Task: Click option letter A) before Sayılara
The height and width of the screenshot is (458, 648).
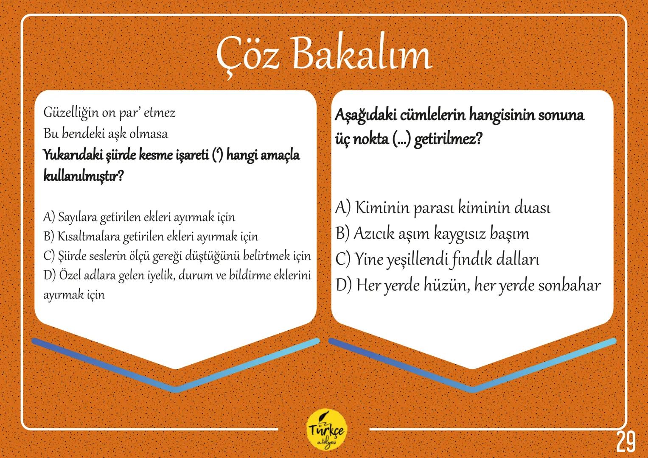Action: click(x=49, y=217)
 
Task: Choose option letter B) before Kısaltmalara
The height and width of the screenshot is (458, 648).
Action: click(x=49, y=236)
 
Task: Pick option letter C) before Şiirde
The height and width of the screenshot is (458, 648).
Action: click(x=49, y=256)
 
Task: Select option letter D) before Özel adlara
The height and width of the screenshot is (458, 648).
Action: click(x=49, y=275)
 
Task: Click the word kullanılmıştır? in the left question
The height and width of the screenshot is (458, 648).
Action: click(x=83, y=176)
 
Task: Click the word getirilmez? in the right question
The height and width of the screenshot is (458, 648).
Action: click(x=448, y=139)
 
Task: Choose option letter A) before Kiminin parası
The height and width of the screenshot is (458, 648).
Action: click(x=342, y=208)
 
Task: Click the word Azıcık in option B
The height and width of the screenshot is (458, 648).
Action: click(x=373, y=234)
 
